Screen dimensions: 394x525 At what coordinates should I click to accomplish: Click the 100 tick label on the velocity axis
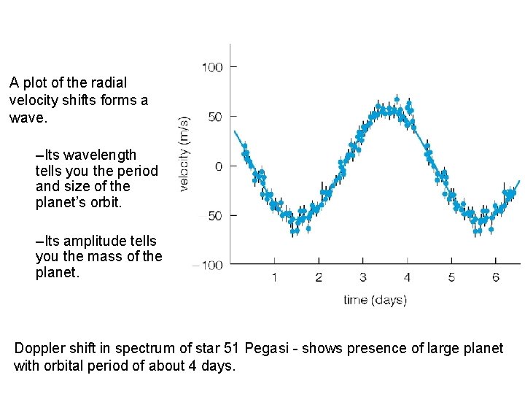[x=212, y=67]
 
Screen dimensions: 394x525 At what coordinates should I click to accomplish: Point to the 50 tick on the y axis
[x=215, y=117]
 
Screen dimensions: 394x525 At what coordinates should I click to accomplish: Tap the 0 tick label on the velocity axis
[x=219, y=166]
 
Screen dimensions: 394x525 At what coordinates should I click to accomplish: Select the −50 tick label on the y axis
[x=212, y=216]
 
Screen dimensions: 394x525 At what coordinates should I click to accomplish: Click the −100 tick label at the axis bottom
[x=208, y=266]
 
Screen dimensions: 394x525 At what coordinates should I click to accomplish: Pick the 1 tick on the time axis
[x=274, y=277]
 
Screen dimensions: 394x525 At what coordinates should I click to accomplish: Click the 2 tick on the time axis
[x=319, y=277]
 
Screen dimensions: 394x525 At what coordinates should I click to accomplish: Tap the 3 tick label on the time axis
[x=363, y=277]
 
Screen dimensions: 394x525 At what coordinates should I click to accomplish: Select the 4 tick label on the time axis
[x=407, y=277]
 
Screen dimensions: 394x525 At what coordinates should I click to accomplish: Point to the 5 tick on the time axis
[x=451, y=277]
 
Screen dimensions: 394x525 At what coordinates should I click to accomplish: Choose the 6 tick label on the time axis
[x=496, y=277]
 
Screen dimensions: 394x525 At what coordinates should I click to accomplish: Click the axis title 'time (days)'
[x=376, y=300]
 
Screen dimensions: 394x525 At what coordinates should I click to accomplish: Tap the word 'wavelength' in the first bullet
[x=101, y=155]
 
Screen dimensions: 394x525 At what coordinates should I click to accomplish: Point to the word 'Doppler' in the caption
[x=39, y=348]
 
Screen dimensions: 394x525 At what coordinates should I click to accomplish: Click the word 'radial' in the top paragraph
[x=109, y=83]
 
